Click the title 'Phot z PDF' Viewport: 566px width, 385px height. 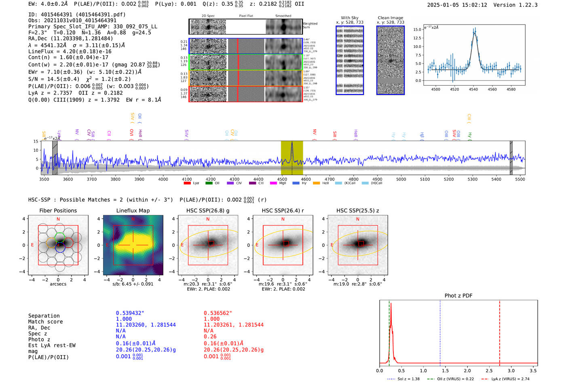tap(458, 296)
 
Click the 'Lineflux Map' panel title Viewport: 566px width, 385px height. tap(133, 210)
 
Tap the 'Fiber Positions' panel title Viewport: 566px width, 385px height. tap(58, 210)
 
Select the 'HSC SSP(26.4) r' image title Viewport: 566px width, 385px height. tap(283, 210)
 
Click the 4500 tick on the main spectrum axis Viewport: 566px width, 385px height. tap(282, 179)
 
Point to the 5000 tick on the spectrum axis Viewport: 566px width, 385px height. tap(401, 179)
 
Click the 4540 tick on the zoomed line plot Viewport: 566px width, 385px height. tap(473, 89)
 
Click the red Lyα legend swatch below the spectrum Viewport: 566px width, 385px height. tap(187, 183)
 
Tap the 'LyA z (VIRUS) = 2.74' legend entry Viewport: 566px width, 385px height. tap(510, 379)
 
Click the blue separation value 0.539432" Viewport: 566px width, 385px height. tap(130, 313)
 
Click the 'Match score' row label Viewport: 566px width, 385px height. tap(45, 322)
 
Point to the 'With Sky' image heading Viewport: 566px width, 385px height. tap(350, 18)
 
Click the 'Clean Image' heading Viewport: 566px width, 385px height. tap(391, 18)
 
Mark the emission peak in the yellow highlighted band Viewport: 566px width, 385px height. tap(292, 143)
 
